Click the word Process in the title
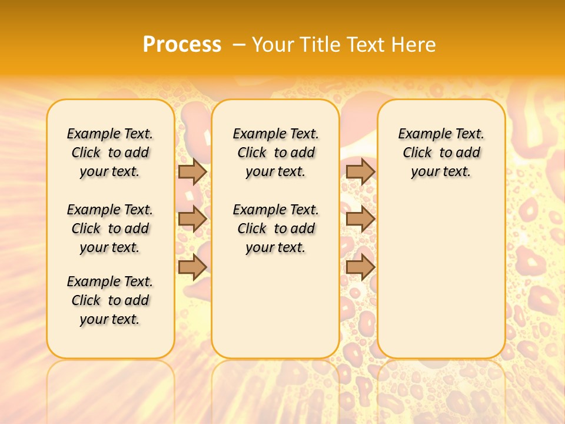(182, 44)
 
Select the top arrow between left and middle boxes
(192, 171)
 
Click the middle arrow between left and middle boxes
(192, 219)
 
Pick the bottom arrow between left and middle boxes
(192, 267)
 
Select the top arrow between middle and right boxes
(360, 171)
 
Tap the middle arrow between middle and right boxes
(360, 219)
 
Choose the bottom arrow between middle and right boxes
(360, 267)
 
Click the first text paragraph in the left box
(110, 153)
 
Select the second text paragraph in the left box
(110, 228)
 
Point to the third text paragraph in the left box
(110, 300)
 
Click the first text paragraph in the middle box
(275, 153)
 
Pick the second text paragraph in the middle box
(275, 228)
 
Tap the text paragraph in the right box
(441, 153)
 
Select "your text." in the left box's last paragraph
(110, 319)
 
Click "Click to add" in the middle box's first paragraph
(275, 153)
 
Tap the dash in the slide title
(238, 44)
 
